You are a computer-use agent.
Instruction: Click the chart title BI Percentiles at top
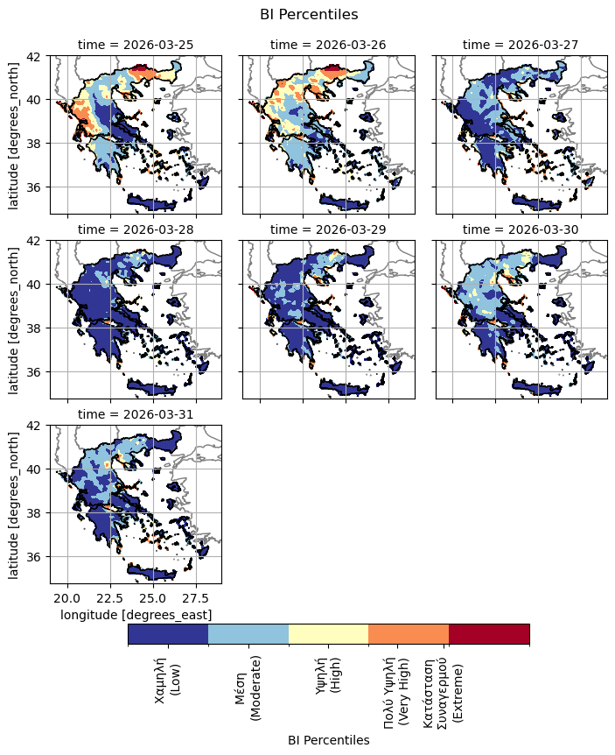click(x=309, y=14)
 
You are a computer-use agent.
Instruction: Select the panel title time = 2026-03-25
click(x=136, y=45)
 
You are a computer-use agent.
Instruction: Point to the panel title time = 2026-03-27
click(x=521, y=45)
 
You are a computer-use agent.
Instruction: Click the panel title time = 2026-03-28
click(x=136, y=229)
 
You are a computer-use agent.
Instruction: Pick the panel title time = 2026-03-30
click(x=521, y=229)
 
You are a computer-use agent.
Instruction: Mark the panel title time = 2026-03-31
click(x=136, y=414)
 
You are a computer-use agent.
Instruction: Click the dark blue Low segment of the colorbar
click(x=168, y=634)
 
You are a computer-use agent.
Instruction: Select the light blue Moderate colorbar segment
click(x=248, y=634)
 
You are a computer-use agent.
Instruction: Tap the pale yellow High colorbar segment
click(x=328, y=634)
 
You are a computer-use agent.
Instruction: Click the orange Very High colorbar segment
click(x=409, y=634)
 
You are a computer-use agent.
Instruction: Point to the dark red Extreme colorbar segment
click(x=489, y=634)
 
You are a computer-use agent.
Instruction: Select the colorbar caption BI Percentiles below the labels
click(x=328, y=741)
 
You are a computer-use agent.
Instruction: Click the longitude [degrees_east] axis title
click(x=136, y=615)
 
